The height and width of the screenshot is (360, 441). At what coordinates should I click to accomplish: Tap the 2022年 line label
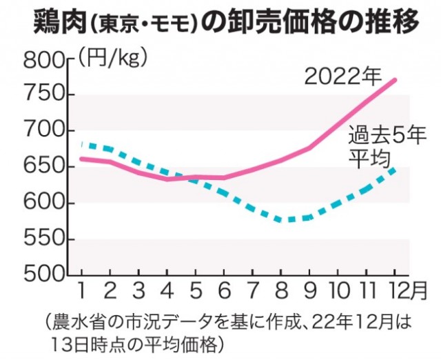point(341,77)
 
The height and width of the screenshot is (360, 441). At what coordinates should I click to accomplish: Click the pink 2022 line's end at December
point(395,80)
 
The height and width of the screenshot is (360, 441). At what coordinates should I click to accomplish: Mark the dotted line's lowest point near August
point(283,220)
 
